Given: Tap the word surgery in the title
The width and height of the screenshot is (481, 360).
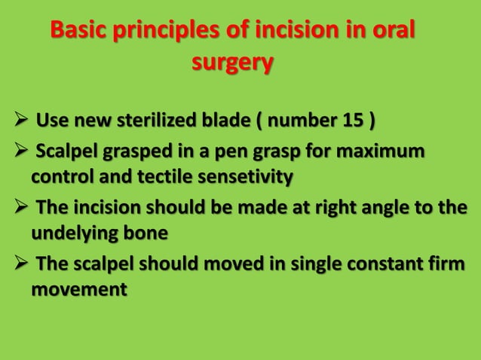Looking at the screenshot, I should [x=231, y=64].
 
